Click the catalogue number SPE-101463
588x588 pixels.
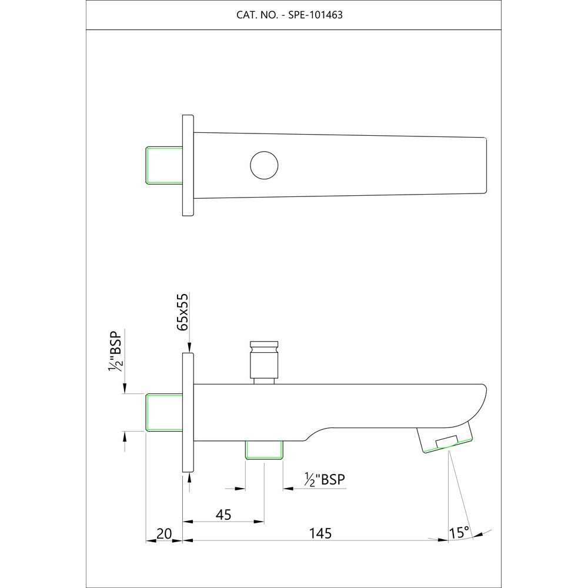315,15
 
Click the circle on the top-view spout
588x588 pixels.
263,165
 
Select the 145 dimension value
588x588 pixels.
321,533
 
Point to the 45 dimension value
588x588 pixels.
223,514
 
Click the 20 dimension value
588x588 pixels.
165,533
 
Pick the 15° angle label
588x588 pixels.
459,533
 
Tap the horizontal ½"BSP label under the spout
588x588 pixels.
325,480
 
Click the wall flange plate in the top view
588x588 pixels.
188,165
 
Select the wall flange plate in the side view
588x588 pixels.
188,413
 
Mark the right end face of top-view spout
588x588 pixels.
486,165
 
